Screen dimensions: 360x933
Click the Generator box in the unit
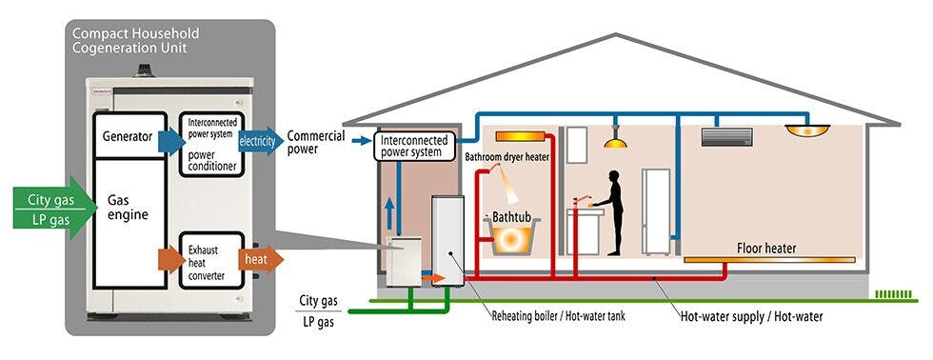pyautogui.click(x=126, y=137)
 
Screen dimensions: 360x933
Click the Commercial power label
pyautogui.click(x=316, y=142)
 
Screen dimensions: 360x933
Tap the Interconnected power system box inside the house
pyautogui.click(x=411, y=146)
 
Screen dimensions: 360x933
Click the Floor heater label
pyautogui.click(x=766, y=249)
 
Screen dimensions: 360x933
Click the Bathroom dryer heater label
pyautogui.click(x=507, y=157)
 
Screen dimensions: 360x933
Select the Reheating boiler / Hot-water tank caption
pyautogui.click(x=558, y=315)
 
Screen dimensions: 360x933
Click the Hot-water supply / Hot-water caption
pyautogui.click(x=752, y=315)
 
